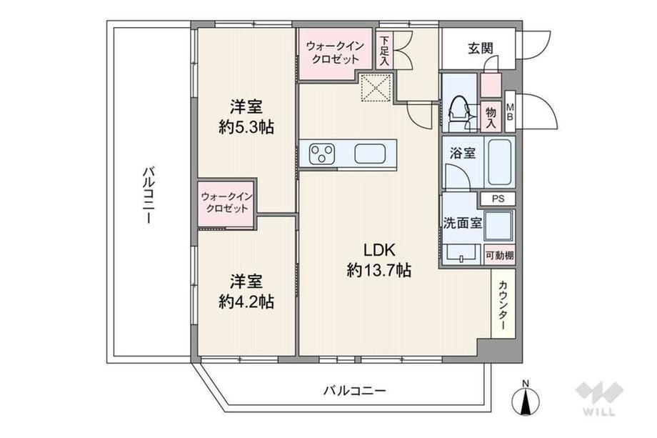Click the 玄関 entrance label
(480, 49)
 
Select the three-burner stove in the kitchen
(322, 154)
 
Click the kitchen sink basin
(370, 154)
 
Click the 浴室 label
(463, 154)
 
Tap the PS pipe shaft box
(498, 199)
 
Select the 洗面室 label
(463, 223)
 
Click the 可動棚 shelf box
(499, 255)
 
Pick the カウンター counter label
(503, 305)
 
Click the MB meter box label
(509, 111)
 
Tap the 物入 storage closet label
(491, 118)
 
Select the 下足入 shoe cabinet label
(383, 51)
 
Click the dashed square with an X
(376, 87)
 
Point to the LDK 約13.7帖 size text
(378, 260)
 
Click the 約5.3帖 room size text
(246, 126)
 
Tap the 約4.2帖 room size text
(246, 301)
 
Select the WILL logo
(598, 398)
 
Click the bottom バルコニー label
(354, 391)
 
